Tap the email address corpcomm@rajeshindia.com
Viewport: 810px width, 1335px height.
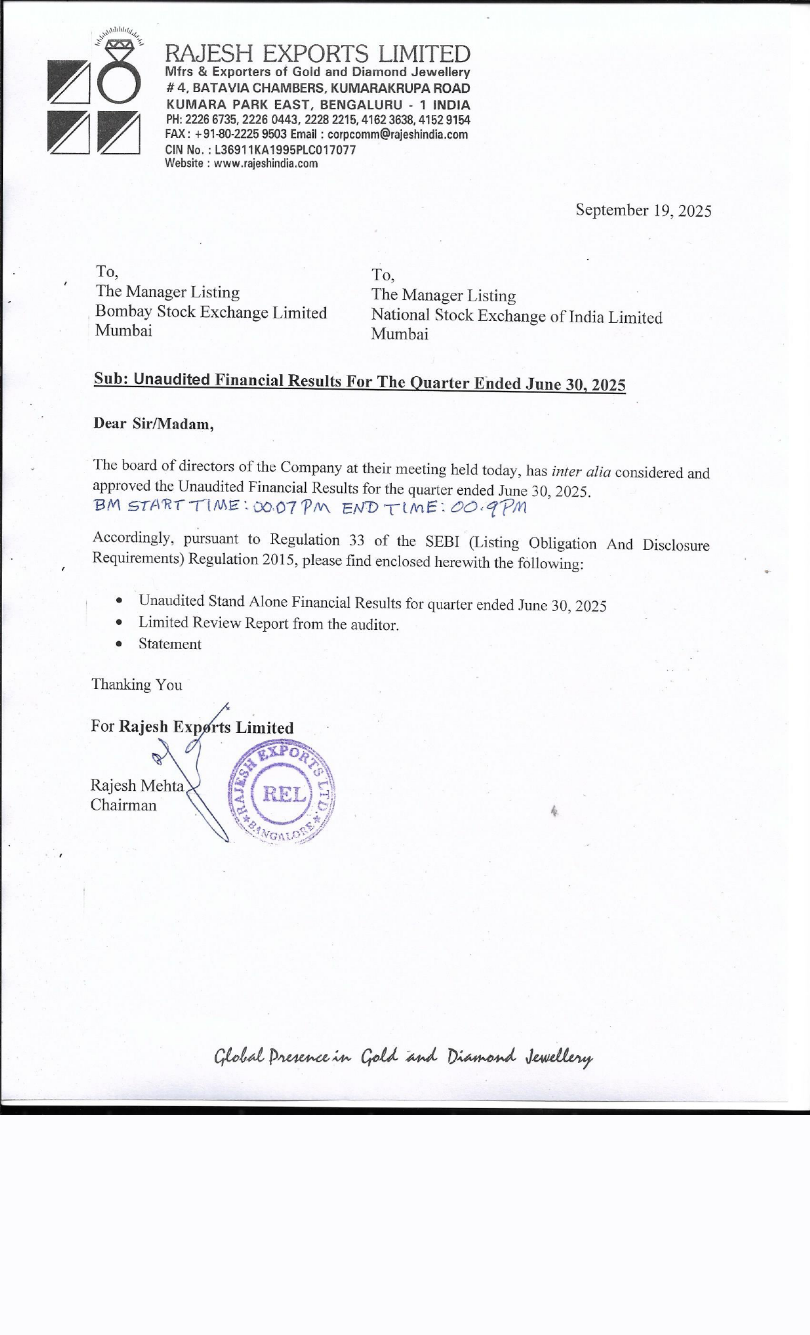pyautogui.click(x=397, y=134)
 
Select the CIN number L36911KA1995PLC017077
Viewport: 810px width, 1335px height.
pyautogui.click(x=285, y=150)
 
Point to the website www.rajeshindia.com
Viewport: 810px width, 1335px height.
pyautogui.click(x=265, y=164)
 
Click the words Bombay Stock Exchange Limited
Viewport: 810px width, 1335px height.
pyautogui.click(x=210, y=312)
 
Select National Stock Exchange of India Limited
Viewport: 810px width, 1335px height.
pyautogui.click(x=516, y=316)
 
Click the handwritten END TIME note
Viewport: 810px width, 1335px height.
pyautogui.click(x=433, y=508)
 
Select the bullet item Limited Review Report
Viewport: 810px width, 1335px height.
pyautogui.click(x=268, y=624)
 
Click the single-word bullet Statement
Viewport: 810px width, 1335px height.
pyautogui.click(x=169, y=644)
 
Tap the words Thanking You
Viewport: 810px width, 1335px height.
pyautogui.click(x=137, y=684)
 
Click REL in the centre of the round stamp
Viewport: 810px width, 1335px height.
pyautogui.click(x=284, y=794)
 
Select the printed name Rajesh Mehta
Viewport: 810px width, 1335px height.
pyautogui.click(x=137, y=785)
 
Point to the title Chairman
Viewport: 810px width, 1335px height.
pyautogui.click(x=124, y=805)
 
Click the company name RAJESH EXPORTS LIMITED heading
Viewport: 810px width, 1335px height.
pyautogui.click(x=317, y=54)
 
